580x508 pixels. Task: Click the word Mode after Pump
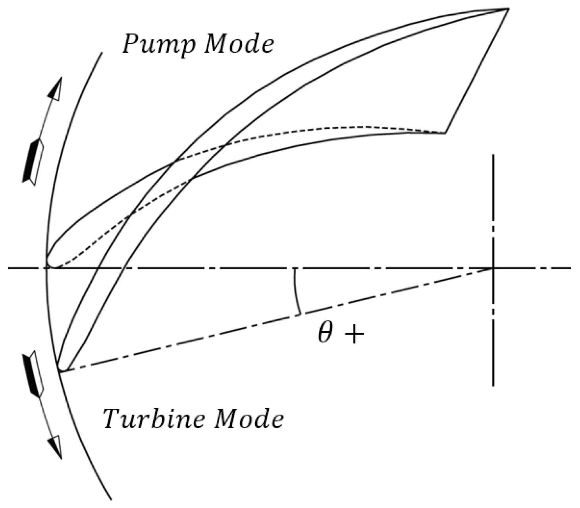239,44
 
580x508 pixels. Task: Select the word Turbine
153,419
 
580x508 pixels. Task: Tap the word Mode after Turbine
249,419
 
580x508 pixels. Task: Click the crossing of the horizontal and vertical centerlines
493,268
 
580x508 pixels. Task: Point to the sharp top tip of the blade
509,9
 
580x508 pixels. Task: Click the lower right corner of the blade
445,132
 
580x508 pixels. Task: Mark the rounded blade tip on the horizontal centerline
48,264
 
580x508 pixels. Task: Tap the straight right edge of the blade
477,71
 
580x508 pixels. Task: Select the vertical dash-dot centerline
493,270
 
